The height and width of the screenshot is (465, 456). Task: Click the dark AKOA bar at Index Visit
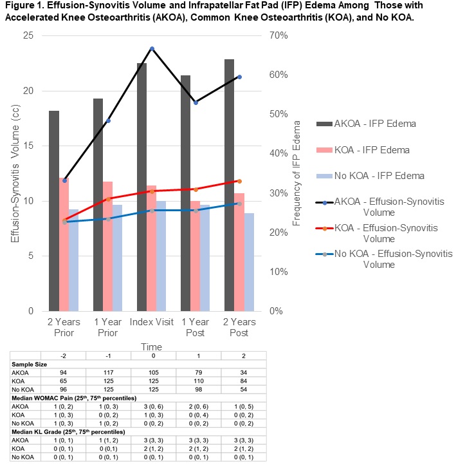tap(141, 187)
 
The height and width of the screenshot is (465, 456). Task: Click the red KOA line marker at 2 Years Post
tap(239, 181)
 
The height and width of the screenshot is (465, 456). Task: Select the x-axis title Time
tap(152, 346)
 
